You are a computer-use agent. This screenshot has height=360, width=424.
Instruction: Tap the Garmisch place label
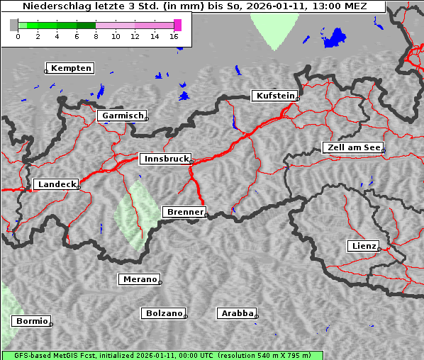pos(123,116)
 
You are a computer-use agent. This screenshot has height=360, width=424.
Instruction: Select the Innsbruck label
pos(166,159)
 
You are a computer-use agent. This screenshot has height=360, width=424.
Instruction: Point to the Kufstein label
pos(274,96)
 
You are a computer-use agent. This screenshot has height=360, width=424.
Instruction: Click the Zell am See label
pos(353,147)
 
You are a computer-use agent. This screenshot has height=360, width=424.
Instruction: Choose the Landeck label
pos(56,184)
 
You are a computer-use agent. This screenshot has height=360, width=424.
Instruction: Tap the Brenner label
pos(184,212)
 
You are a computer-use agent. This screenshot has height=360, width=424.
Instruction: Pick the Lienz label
pos(364,246)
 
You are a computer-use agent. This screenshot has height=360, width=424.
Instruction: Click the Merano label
pos(139,279)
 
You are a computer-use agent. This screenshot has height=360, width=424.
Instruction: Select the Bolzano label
pos(164,313)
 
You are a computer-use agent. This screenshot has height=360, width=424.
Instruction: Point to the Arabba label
pos(237,313)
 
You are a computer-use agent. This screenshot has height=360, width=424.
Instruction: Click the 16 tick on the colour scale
pos(174,36)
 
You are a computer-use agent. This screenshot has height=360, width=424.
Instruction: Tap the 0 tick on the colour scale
pos(18,36)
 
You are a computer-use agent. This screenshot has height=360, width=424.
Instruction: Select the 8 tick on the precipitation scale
pos(96,36)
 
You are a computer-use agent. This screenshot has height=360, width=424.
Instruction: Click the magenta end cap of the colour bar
pos(177,25)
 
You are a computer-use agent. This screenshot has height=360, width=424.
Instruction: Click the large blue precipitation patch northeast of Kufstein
pos(333,39)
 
